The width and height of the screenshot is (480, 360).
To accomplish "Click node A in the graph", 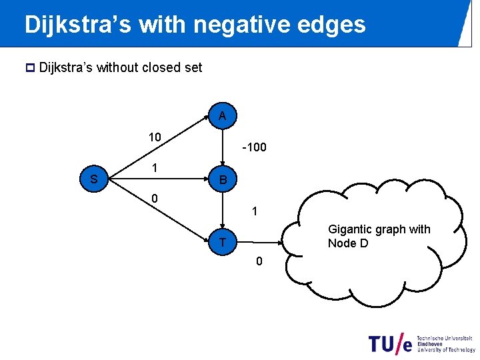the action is (x=222, y=116).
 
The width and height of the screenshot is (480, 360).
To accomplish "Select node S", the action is (x=94, y=179).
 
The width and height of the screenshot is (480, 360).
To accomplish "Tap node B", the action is (x=223, y=179).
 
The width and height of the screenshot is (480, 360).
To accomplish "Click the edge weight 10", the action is (x=155, y=137).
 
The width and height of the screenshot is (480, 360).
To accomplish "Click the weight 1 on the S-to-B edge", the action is (x=154, y=169).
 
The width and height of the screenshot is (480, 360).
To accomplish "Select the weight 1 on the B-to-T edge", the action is (x=255, y=212).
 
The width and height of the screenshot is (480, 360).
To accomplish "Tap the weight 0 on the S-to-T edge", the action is (x=154, y=198).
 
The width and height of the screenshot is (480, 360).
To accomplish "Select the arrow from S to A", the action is (x=157, y=147).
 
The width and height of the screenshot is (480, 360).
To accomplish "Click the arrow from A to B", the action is (x=223, y=147).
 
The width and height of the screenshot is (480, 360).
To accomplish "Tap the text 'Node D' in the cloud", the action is (x=347, y=244).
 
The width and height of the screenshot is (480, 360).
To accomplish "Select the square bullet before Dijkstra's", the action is (x=28, y=67).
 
